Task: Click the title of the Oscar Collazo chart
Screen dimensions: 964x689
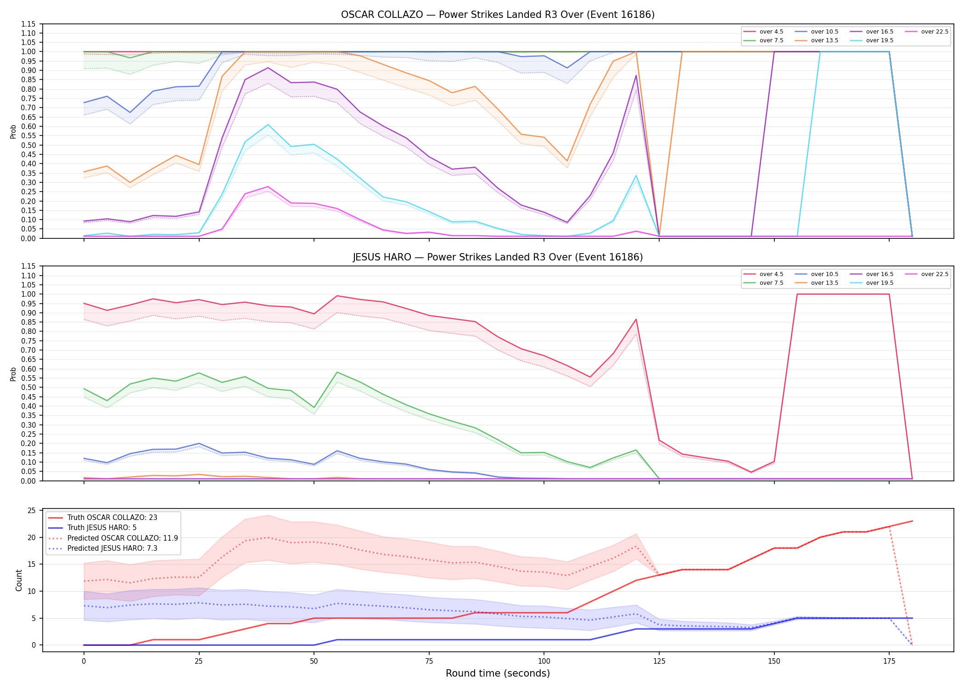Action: pyautogui.click(x=498, y=15)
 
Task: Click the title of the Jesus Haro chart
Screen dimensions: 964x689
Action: pyautogui.click(x=498, y=257)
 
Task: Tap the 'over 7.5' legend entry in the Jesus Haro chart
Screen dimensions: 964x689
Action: pyautogui.click(x=763, y=283)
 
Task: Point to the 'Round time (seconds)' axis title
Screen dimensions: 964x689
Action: pyautogui.click(x=498, y=673)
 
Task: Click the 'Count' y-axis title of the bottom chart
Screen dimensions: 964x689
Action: pyautogui.click(x=19, y=580)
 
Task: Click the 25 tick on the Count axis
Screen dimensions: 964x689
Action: pyautogui.click(x=32, y=511)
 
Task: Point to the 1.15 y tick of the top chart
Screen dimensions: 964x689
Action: pyautogui.click(x=28, y=24)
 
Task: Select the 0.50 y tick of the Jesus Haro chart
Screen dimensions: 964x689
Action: pyautogui.click(x=28, y=387)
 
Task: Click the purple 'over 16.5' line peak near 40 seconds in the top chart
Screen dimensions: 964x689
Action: pyautogui.click(x=268, y=68)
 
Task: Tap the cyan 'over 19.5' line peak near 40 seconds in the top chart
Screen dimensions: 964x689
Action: pyautogui.click(x=268, y=124)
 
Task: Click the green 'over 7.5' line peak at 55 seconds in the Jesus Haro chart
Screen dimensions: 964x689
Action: pyautogui.click(x=337, y=372)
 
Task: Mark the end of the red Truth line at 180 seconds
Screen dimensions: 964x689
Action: pyautogui.click(x=912, y=521)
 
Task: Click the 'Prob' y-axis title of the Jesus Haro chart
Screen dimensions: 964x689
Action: pyautogui.click(x=13, y=374)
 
